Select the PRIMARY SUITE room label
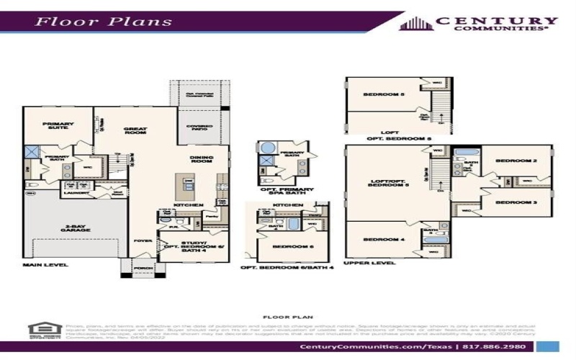pos(58,125)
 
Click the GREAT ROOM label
pos(135,130)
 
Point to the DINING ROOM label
pos(202,160)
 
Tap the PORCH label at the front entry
pos(141,268)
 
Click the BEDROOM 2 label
pos(521,161)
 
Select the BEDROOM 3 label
pos(521,203)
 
